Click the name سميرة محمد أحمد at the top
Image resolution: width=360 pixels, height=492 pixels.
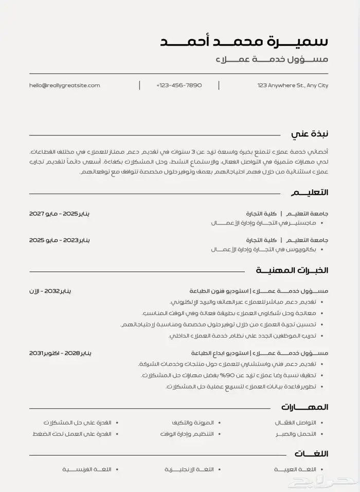(x=244, y=41)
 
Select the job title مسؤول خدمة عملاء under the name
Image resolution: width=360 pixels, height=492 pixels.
(x=272, y=60)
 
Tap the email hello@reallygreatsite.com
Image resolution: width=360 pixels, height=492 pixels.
(x=65, y=85)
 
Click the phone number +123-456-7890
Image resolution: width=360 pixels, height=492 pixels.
(x=179, y=85)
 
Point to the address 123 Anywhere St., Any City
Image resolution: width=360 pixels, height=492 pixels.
(x=293, y=85)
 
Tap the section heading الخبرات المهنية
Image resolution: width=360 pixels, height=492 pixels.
(x=292, y=270)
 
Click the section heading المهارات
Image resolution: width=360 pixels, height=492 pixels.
(x=304, y=407)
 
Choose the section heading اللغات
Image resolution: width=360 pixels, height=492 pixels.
(x=311, y=453)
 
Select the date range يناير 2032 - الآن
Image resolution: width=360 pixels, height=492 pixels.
(x=50, y=291)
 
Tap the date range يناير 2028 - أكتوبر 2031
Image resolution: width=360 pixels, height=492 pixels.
(x=60, y=353)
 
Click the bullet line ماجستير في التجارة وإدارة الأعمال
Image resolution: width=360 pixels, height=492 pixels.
(x=263, y=223)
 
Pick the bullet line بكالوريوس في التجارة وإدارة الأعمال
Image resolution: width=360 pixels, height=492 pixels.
(x=263, y=249)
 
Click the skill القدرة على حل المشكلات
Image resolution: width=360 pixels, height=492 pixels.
(x=77, y=423)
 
